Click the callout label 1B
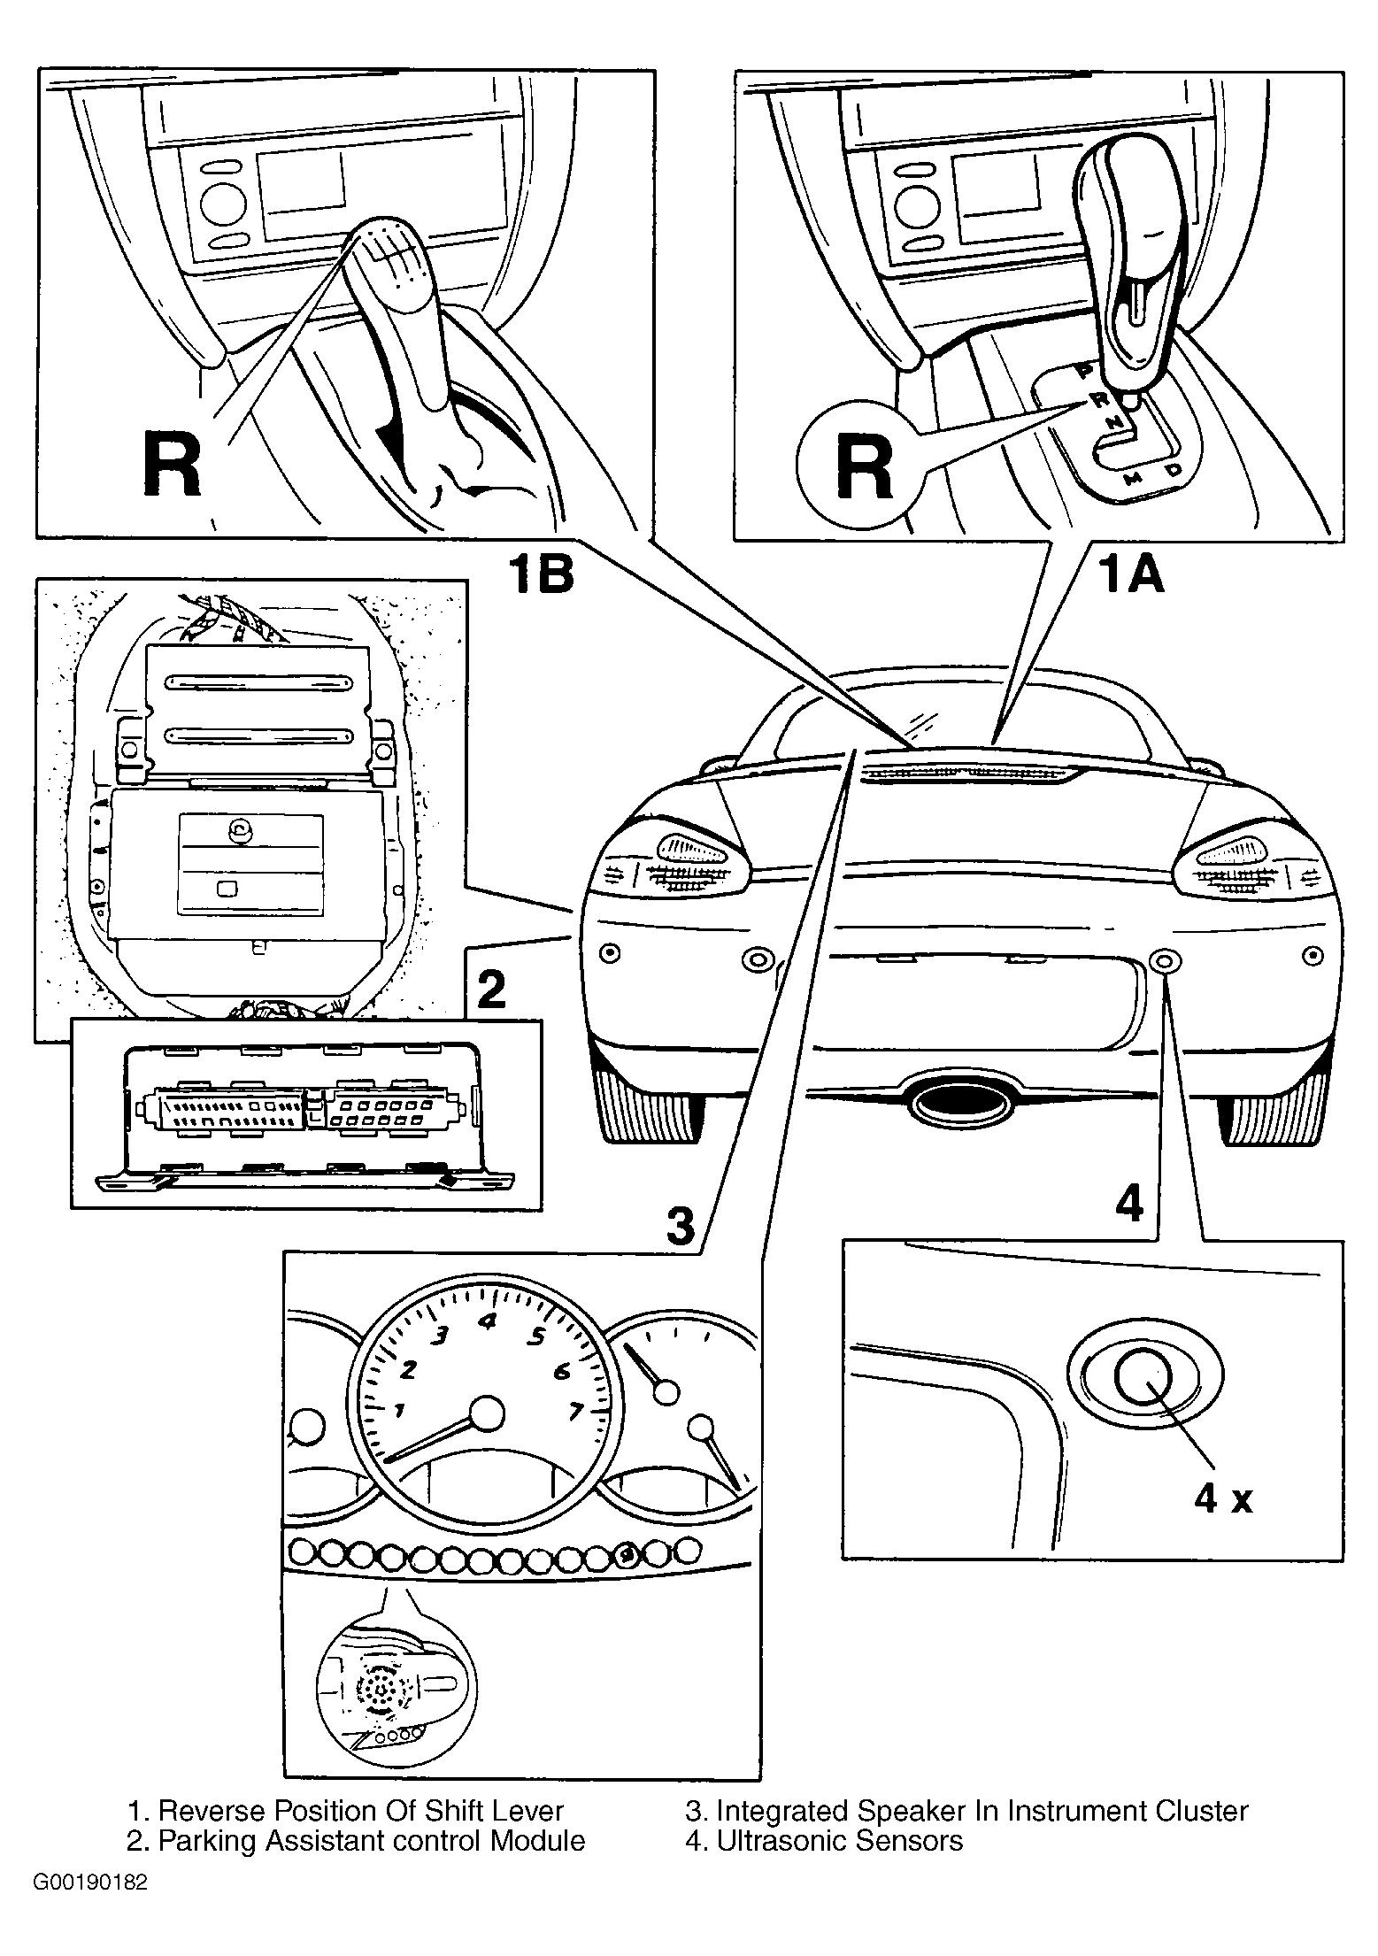click(x=540, y=573)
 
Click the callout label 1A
click(x=1130, y=573)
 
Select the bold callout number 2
click(x=491, y=989)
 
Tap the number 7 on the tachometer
click(x=575, y=1411)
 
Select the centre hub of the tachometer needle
click(x=486, y=1413)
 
